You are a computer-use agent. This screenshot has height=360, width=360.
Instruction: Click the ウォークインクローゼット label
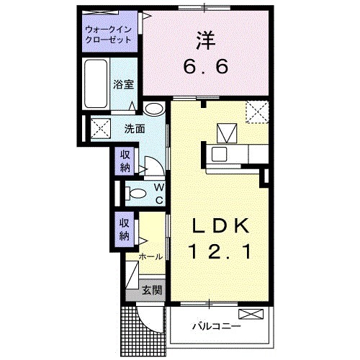[x=109, y=35]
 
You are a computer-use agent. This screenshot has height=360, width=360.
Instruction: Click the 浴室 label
[x=122, y=84]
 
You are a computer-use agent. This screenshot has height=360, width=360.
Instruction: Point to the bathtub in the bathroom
[x=96, y=84]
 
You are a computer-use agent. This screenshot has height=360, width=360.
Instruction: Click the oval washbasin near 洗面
[x=153, y=109]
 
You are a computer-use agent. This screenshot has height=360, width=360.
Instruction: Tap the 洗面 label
[x=134, y=130]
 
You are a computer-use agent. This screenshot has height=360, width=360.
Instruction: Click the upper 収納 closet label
[x=125, y=160]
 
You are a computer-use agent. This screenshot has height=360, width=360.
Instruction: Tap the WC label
[x=158, y=193]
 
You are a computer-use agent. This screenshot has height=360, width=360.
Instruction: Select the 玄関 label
[x=151, y=291]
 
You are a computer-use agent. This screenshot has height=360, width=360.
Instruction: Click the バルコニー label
[x=215, y=326]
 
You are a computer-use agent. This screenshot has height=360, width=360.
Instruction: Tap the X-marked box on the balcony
[x=254, y=314]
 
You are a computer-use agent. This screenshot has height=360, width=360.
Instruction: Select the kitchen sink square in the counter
[x=226, y=133]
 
